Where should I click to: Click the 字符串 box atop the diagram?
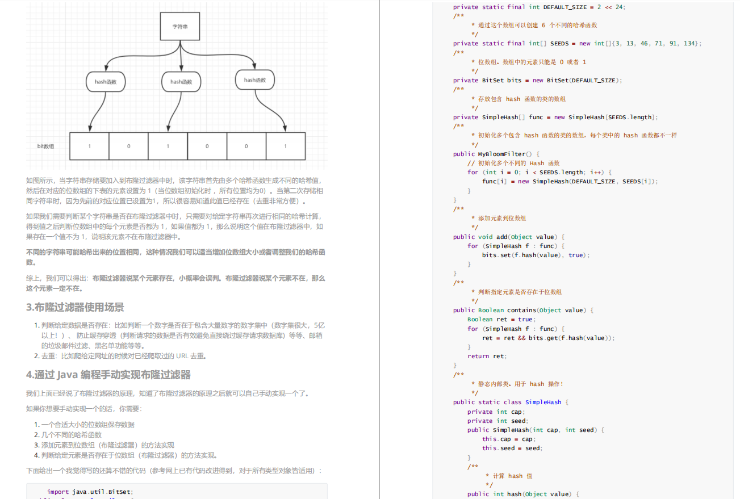coord(180,27)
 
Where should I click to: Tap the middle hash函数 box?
coord(181,82)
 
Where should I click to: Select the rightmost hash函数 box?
coord(255,80)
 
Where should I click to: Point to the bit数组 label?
coord(45,146)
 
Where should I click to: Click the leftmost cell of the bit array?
coord(89,146)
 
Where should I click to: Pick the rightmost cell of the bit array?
coord(285,146)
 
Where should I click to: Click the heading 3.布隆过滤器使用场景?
coord(75,307)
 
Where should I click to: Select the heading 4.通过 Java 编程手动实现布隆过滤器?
coord(108,375)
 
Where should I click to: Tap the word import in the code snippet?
coord(58,492)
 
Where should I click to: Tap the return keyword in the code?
coord(478,357)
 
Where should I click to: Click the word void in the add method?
coord(486,237)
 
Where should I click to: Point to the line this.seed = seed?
coord(512,448)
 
